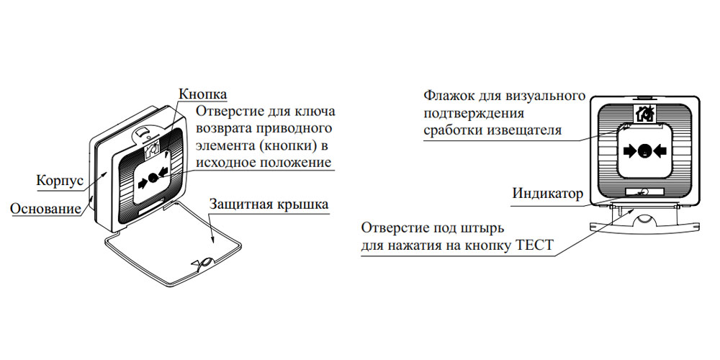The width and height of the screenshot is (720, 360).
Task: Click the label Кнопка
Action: (202, 94)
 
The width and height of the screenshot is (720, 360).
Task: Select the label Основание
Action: (45, 209)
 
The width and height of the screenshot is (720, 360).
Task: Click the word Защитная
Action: (239, 204)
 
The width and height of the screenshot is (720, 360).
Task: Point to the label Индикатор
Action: (547, 193)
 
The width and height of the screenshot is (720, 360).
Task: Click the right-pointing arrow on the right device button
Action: (629, 150)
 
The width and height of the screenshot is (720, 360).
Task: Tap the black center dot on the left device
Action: (153, 177)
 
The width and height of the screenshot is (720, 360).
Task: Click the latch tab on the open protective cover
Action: (203, 264)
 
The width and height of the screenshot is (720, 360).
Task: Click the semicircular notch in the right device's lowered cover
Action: (644, 220)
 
